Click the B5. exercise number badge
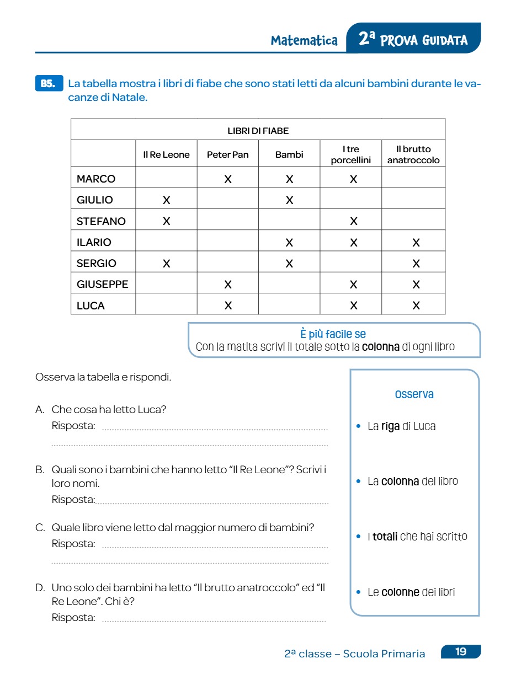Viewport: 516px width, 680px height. click(x=49, y=83)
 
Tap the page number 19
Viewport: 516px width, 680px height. click(x=461, y=652)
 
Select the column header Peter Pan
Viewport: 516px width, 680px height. click(x=227, y=155)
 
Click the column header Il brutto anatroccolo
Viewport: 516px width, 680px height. click(x=413, y=155)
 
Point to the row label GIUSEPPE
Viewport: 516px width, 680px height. click(x=103, y=285)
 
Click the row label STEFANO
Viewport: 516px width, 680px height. click(x=101, y=221)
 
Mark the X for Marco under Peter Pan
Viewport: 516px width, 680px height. click(x=227, y=179)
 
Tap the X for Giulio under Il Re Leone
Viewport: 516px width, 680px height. click(x=166, y=200)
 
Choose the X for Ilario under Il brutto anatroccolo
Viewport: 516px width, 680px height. click(x=416, y=243)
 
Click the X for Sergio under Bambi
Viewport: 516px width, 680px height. click(x=289, y=264)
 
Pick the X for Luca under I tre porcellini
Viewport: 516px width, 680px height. click(x=353, y=306)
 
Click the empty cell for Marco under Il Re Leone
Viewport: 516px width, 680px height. click(x=166, y=179)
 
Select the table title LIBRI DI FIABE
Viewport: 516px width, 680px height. click(x=258, y=131)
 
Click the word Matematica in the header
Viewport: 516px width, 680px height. click(x=304, y=40)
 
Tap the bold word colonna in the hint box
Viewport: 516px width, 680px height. click(x=381, y=347)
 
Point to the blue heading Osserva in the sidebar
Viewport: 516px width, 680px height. click(x=414, y=394)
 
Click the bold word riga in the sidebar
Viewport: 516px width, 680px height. click(x=390, y=426)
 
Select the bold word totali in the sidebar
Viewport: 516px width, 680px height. click(x=385, y=537)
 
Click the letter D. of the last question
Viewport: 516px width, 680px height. click(x=40, y=588)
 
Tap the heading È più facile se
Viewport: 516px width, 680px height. click(x=333, y=334)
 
